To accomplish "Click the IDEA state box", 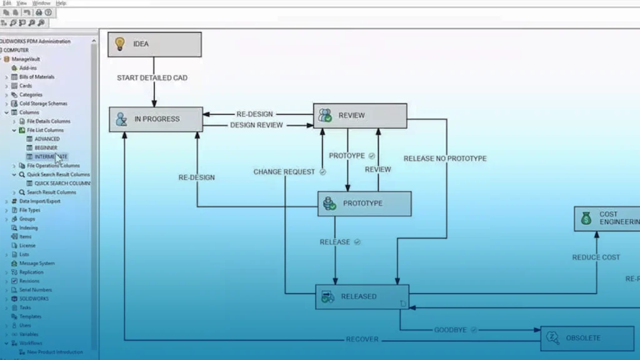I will tap(154, 44).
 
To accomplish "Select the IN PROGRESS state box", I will tap(156, 119).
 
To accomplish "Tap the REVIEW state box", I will tap(359, 116).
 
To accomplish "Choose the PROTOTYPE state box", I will tap(364, 204).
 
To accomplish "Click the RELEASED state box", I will tap(362, 297).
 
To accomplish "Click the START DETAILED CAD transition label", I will tap(152, 78).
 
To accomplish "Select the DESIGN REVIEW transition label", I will tap(256, 125).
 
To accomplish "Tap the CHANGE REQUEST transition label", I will tap(284, 172).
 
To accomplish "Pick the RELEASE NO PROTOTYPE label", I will tap(445, 159).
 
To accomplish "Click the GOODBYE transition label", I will tap(450, 329).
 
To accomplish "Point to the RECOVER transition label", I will tap(362, 339).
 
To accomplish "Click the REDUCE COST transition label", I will tap(596, 257).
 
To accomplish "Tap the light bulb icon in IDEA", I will tap(121, 44).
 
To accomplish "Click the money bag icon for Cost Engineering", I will tap(586, 218).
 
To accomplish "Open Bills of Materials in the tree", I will tap(36, 77).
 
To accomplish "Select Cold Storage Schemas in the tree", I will tap(43, 103).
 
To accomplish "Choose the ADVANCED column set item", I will tap(47, 139).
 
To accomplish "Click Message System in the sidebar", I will tap(37, 263).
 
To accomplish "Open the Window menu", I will tap(41, 3).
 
